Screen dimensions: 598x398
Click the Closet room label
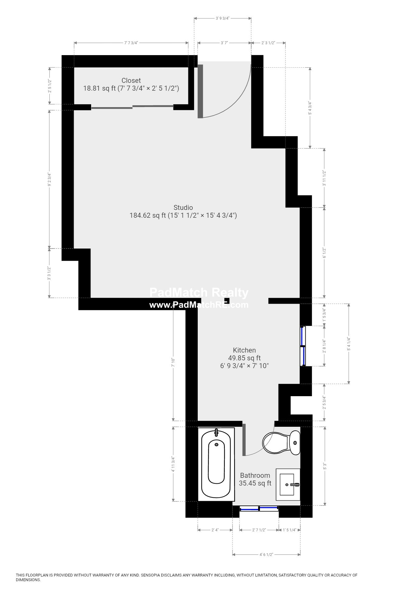[x=131, y=80]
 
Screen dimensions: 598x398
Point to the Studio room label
[x=183, y=207]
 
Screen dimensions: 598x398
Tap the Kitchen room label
[x=244, y=350]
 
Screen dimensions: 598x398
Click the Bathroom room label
[x=255, y=475]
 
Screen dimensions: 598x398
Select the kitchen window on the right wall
[x=303, y=346]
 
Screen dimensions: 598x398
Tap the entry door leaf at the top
[x=201, y=91]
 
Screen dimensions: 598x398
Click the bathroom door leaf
[x=244, y=439]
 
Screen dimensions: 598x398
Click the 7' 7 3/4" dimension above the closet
[x=131, y=43]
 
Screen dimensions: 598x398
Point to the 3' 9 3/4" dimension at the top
[x=223, y=18]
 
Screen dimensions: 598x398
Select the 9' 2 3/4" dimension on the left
[x=49, y=179]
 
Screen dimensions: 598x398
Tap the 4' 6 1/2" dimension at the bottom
[x=266, y=554]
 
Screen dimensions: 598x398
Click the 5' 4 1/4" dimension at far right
[x=349, y=344]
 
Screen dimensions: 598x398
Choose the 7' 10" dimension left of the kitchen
[x=173, y=362]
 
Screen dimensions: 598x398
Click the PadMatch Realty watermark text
[x=199, y=293]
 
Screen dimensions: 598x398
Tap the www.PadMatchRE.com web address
[x=199, y=305]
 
